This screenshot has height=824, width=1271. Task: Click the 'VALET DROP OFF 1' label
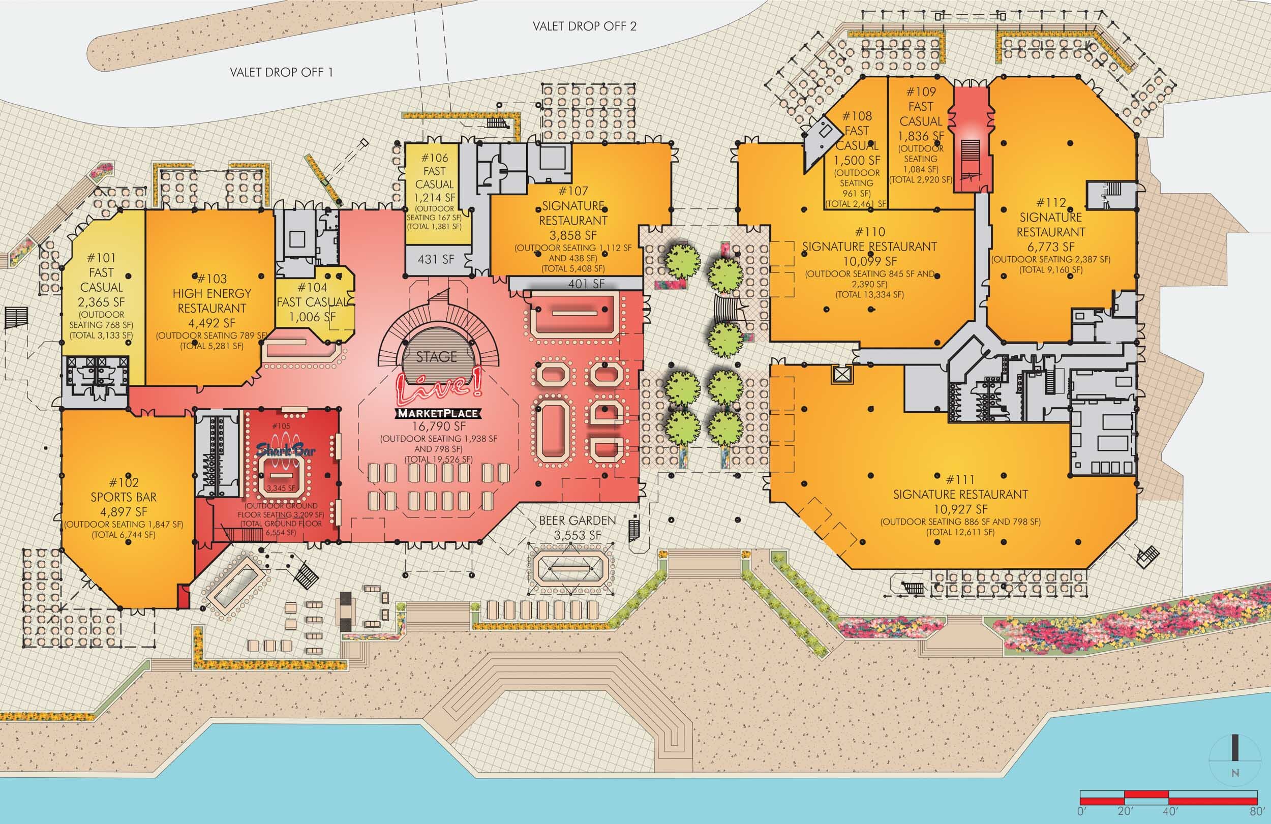pos(282,72)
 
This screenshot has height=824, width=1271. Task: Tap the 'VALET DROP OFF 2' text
pos(584,26)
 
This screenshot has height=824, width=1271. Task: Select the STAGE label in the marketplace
pos(436,357)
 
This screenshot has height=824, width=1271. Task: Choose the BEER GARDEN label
pos(578,520)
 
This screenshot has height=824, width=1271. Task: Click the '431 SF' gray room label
pos(436,259)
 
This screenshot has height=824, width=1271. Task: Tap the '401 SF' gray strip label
pos(586,284)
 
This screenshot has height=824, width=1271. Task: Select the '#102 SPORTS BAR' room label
pos(124,490)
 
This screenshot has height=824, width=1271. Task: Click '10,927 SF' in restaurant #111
pos(960,509)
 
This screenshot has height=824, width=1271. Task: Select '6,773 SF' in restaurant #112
pos(1050,247)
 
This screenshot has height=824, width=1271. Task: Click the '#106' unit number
pos(434,158)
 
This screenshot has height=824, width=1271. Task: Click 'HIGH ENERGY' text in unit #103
pos(211,293)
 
